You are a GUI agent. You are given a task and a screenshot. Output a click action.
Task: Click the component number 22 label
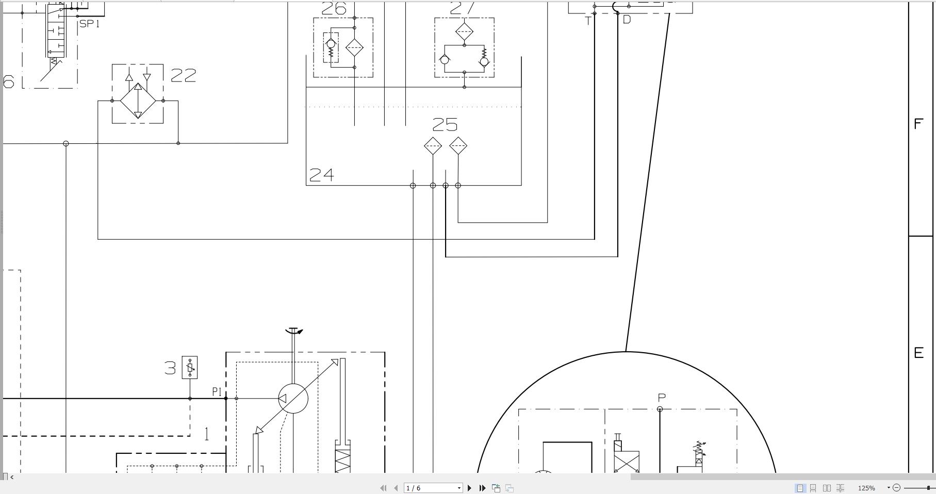[183, 76]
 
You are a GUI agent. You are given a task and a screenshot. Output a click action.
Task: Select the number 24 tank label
[321, 175]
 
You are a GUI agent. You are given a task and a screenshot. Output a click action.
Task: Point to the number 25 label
[445, 125]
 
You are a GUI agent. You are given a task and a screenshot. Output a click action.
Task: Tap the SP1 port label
[90, 24]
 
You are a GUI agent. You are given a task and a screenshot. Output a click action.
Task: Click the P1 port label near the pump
[217, 392]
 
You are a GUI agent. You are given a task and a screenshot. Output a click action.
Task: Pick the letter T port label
[588, 21]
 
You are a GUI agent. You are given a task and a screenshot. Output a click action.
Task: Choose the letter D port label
[627, 20]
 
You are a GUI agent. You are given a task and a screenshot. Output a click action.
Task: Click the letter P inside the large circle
[662, 398]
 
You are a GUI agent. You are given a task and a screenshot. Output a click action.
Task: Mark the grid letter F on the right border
[918, 124]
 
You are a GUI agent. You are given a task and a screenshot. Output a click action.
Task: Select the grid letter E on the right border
[918, 353]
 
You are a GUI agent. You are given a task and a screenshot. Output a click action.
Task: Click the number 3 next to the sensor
[170, 368]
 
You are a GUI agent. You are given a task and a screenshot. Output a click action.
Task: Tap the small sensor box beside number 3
[190, 368]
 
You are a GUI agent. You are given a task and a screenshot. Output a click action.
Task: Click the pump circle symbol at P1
[293, 399]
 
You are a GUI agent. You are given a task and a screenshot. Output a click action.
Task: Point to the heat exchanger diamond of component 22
[138, 101]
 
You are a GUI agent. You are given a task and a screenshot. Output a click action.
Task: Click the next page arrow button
[469, 488]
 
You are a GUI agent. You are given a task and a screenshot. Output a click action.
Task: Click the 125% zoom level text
[866, 488]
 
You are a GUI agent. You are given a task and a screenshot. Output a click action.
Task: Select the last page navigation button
[482, 488]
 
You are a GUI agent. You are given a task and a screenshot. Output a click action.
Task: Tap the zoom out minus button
[896, 488]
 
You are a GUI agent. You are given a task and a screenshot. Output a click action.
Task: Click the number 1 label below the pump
[207, 434]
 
